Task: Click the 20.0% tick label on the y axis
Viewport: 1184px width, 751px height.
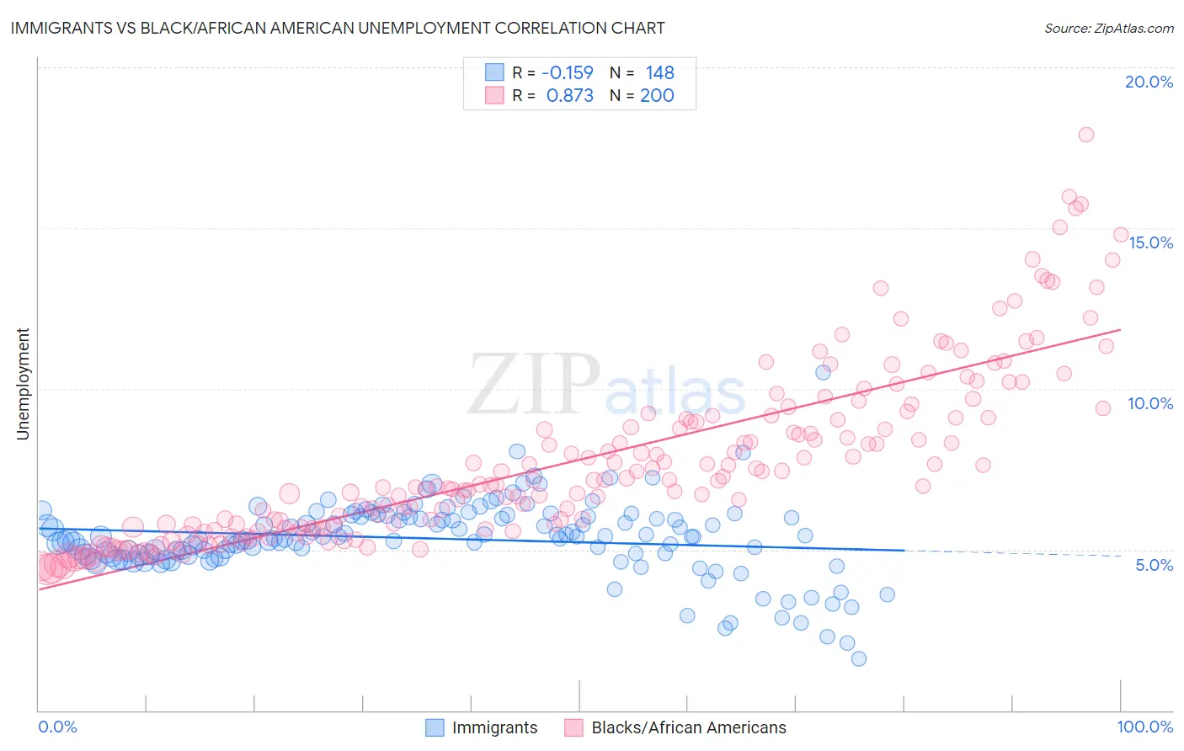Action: click(x=1149, y=82)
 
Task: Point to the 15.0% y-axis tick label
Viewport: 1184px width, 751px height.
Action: click(x=1150, y=242)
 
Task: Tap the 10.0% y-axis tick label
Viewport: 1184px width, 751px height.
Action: click(x=1150, y=403)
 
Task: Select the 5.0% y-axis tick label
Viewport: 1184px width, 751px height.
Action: click(x=1154, y=565)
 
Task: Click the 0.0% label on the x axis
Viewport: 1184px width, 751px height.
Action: click(x=57, y=727)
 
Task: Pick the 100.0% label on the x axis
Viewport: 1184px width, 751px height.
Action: click(x=1145, y=727)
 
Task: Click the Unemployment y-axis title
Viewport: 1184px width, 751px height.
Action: click(x=23, y=384)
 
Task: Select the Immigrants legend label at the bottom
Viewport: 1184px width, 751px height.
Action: click(x=494, y=727)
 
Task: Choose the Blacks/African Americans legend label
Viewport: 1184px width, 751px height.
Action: click(x=688, y=727)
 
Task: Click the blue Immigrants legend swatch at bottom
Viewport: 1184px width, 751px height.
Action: click(x=435, y=727)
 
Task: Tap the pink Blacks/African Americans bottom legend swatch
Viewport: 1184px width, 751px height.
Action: click(x=573, y=727)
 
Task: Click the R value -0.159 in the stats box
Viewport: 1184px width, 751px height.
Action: click(x=567, y=72)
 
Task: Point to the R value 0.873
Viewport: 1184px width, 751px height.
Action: click(x=569, y=96)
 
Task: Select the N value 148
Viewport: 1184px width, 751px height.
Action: click(x=659, y=72)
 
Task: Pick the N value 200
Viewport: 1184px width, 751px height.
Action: click(x=657, y=96)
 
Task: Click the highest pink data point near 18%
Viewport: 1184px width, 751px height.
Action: click(x=1086, y=135)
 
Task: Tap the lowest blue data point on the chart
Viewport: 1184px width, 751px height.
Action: click(x=858, y=658)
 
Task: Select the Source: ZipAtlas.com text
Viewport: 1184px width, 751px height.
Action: click(x=1108, y=28)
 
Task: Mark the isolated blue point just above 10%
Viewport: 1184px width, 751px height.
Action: click(x=823, y=372)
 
